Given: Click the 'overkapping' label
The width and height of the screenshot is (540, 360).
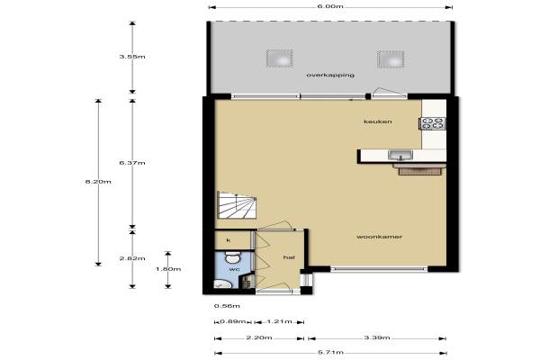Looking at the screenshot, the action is [x=330, y=75].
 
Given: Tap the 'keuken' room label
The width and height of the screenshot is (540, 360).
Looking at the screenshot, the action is [x=378, y=121].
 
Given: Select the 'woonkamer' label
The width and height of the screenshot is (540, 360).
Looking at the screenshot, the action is [x=379, y=237].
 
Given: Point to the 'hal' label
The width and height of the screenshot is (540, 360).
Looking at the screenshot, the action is [x=289, y=257].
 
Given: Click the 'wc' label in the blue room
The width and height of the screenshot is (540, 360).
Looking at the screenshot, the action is [x=234, y=269].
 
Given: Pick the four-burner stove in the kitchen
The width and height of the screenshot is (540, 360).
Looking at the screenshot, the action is [x=433, y=123].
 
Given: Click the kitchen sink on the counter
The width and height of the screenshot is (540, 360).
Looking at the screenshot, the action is [x=400, y=156].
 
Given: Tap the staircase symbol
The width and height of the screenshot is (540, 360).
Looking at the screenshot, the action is [x=237, y=205].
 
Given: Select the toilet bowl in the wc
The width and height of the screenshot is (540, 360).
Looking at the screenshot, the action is [x=233, y=257].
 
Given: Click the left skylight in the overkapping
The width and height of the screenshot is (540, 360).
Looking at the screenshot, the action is [x=280, y=58].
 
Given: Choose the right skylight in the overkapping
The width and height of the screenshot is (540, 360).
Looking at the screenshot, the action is [x=391, y=59].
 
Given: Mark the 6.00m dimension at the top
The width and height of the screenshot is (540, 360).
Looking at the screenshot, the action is [x=330, y=6].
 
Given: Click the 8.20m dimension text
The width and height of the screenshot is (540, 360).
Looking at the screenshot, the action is [x=98, y=181].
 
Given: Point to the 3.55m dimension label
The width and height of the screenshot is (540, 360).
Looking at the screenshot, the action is [x=132, y=57].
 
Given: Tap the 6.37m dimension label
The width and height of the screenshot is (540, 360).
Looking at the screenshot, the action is [x=132, y=163].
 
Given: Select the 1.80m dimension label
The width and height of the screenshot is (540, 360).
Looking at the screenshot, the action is [x=168, y=269].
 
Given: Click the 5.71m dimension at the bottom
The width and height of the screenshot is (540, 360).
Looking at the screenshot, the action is [x=330, y=353].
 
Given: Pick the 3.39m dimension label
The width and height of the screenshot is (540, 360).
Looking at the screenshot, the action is [x=377, y=337].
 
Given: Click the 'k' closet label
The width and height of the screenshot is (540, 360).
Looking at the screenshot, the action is [x=229, y=240].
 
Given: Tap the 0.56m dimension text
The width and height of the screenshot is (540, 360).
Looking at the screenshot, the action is [x=227, y=306].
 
